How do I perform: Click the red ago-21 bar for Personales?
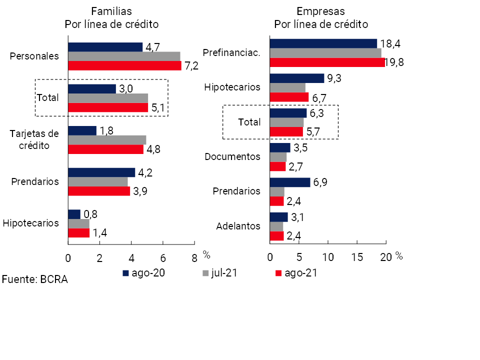coord(124,65)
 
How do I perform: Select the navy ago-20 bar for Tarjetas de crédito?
coord(82,130)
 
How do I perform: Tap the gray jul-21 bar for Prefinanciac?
coord(325,53)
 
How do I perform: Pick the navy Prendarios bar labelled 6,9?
coord(289,182)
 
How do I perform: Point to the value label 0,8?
coord(90,214)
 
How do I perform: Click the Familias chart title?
coord(111,11)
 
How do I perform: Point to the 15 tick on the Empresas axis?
coord(357,257)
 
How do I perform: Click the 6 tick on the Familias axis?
coord(163,258)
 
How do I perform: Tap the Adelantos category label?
coord(238,226)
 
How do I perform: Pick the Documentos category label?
coord(232,156)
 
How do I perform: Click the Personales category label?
coord(34,56)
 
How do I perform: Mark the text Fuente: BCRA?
coord(34,279)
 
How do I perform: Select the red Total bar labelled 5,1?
coord(108,107)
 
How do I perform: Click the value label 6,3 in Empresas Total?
coord(316,113)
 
